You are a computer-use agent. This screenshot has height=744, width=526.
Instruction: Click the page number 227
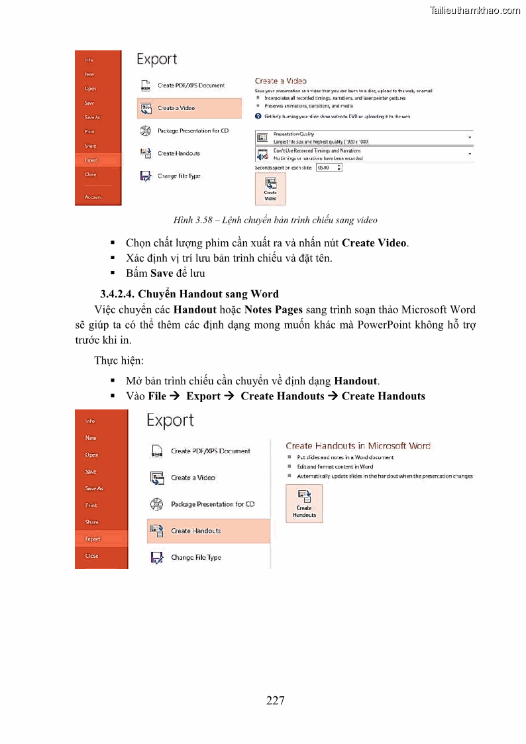pos(276,700)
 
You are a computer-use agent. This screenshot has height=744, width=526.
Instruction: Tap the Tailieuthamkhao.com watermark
pos(475,10)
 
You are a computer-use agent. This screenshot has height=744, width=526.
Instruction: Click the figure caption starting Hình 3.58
pos(276,219)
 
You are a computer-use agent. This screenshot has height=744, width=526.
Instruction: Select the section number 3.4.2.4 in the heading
pos(118,293)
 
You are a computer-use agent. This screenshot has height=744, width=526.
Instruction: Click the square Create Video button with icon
pos(270,188)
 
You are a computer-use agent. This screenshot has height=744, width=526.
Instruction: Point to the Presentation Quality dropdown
pos(364,137)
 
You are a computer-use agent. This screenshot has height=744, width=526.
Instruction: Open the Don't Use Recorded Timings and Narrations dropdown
pos(364,154)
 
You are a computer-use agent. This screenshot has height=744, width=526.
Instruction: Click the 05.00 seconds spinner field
pos(329,168)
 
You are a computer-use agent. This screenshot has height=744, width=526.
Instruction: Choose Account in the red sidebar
pos(93,197)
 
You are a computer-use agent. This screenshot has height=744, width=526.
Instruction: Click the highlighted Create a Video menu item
pos(189,108)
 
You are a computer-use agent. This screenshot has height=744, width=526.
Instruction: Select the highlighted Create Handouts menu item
pos(208,531)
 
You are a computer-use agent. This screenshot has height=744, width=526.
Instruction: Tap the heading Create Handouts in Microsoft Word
pos(358,446)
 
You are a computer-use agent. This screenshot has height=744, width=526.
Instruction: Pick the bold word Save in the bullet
pos(162,273)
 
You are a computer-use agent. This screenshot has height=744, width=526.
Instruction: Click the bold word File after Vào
pos(157,396)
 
